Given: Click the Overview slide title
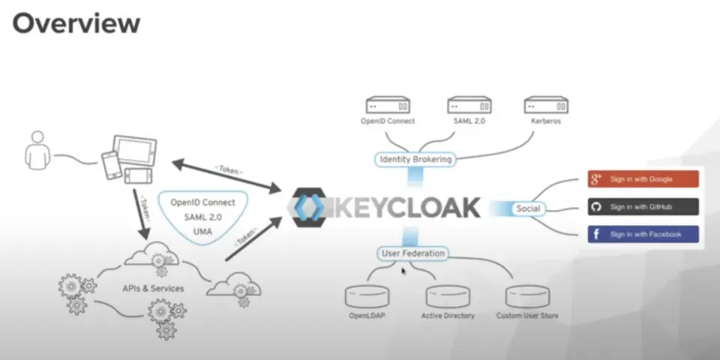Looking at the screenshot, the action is click(76, 24).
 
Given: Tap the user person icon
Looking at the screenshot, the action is click(37, 151).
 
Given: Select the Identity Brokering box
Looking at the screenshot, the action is click(415, 160).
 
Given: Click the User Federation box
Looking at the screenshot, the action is click(412, 253).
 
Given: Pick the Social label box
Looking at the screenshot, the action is click(528, 209).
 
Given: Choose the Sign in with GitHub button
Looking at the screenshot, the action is click(643, 207).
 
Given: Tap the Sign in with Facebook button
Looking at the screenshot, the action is click(643, 234).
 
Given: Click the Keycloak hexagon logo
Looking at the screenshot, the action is click(310, 207).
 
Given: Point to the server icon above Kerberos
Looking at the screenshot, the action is click(546, 105).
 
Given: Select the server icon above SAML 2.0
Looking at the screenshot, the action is click(469, 105).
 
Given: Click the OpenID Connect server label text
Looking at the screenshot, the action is click(388, 121).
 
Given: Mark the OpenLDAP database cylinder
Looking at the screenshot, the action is click(367, 296).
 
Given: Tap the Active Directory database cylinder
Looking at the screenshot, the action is click(448, 296).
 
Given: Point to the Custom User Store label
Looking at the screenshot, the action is click(527, 316).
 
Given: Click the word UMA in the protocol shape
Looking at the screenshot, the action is click(202, 232).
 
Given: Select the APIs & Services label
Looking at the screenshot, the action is click(153, 289).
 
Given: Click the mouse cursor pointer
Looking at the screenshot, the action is click(403, 271).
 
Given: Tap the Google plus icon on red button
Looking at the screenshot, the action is click(596, 179).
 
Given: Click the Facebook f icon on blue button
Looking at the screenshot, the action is click(596, 234).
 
